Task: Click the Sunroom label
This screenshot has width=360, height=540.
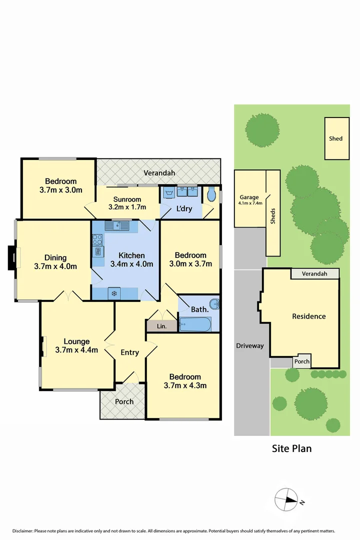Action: [127, 199]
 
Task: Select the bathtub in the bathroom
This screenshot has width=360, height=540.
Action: [195, 324]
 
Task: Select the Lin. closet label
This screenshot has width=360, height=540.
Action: [161, 326]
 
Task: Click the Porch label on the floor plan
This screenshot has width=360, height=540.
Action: [124, 401]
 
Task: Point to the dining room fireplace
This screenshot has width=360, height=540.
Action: [11, 257]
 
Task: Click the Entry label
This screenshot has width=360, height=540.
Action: [130, 352]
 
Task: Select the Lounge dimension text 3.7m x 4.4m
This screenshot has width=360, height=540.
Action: [76, 350]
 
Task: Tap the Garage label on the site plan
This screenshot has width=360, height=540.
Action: [249, 197]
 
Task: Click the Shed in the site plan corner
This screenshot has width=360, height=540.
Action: [336, 138]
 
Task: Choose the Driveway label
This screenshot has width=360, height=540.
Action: [249, 345]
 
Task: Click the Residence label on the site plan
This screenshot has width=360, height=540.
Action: [308, 316]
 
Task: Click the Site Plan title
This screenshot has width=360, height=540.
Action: [291, 448]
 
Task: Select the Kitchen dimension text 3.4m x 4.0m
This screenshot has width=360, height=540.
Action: [131, 264]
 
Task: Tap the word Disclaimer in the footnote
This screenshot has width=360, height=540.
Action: [22, 530]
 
